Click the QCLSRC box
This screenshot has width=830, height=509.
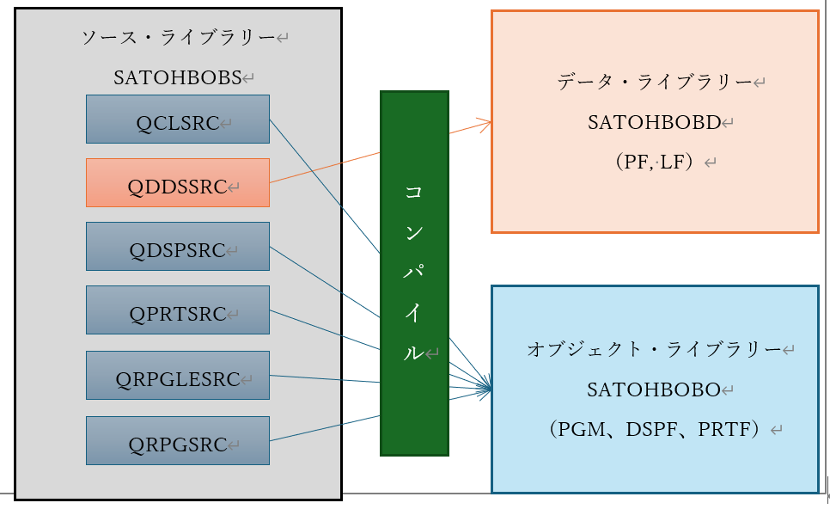tap(177, 119)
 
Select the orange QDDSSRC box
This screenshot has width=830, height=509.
tap(177, 182)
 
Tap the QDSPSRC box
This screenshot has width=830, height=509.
tap(177, 247)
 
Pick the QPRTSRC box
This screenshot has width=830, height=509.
tap(177, 310)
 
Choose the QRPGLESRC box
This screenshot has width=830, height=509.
tap(177, 375)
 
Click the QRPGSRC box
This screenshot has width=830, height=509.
tap(177, 440)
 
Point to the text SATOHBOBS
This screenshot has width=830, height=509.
tap(177, 77)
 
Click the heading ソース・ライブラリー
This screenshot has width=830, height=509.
tap(178, 38)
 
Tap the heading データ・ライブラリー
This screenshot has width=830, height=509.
tap(655, 83)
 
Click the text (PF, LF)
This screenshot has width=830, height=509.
tap(654, 162)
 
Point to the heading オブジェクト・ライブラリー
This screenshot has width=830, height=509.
tap(654, 350)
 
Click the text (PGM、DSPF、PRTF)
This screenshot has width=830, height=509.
tap(654, 429)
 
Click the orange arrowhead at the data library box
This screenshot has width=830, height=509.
tap(486, 123)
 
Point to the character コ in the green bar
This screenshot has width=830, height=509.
tap(414, 192)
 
